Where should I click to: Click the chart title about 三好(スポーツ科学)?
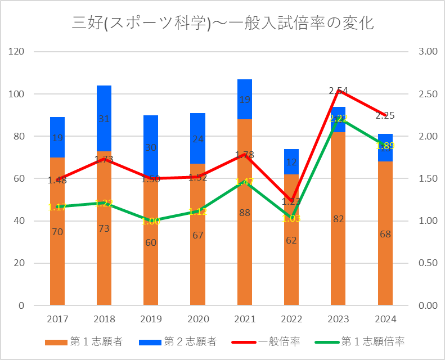(x=223, y=23)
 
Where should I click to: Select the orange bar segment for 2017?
(x=57, y=253)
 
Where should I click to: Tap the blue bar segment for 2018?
(x=104, y=112)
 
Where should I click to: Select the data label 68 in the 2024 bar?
(x=385, y=234)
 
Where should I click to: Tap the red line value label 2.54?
(x=338, y=91)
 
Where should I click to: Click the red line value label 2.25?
(x=385, y=115)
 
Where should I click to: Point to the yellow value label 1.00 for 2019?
(x=151, y=221)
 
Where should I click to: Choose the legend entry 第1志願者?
(x=84, y=341)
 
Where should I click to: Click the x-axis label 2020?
(x=197, y=319)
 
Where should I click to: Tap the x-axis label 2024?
(x=385, y=319)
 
